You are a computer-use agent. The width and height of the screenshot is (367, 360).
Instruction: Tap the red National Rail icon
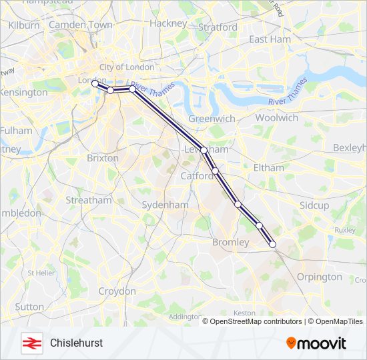point(30,343)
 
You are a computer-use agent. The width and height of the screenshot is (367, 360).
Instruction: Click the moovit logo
point(316,343)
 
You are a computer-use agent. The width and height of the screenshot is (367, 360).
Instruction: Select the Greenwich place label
point(212,118)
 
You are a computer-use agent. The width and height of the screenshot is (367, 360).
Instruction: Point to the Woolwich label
point(276,117)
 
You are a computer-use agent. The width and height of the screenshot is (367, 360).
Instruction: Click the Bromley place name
point(230,242)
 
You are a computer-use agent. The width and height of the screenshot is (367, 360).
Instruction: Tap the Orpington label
point(320,277)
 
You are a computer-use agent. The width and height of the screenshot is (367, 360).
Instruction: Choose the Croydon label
point(117,291)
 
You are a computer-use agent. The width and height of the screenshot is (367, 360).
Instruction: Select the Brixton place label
point(103,158)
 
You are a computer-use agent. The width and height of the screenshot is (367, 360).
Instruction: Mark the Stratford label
point(218,27)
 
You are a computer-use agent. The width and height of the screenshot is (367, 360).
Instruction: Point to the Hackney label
point(168,23)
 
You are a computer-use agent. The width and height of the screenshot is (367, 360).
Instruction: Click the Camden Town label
point(81,25)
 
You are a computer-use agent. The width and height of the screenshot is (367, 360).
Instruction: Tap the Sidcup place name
point(314,205)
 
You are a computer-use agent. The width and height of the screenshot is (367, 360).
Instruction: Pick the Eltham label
point(268,168)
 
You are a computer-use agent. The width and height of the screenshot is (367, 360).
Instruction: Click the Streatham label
point(89,200)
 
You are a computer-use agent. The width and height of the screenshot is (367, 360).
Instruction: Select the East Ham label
point(270,39)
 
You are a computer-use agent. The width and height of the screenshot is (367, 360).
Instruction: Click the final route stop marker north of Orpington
point(272,245)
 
